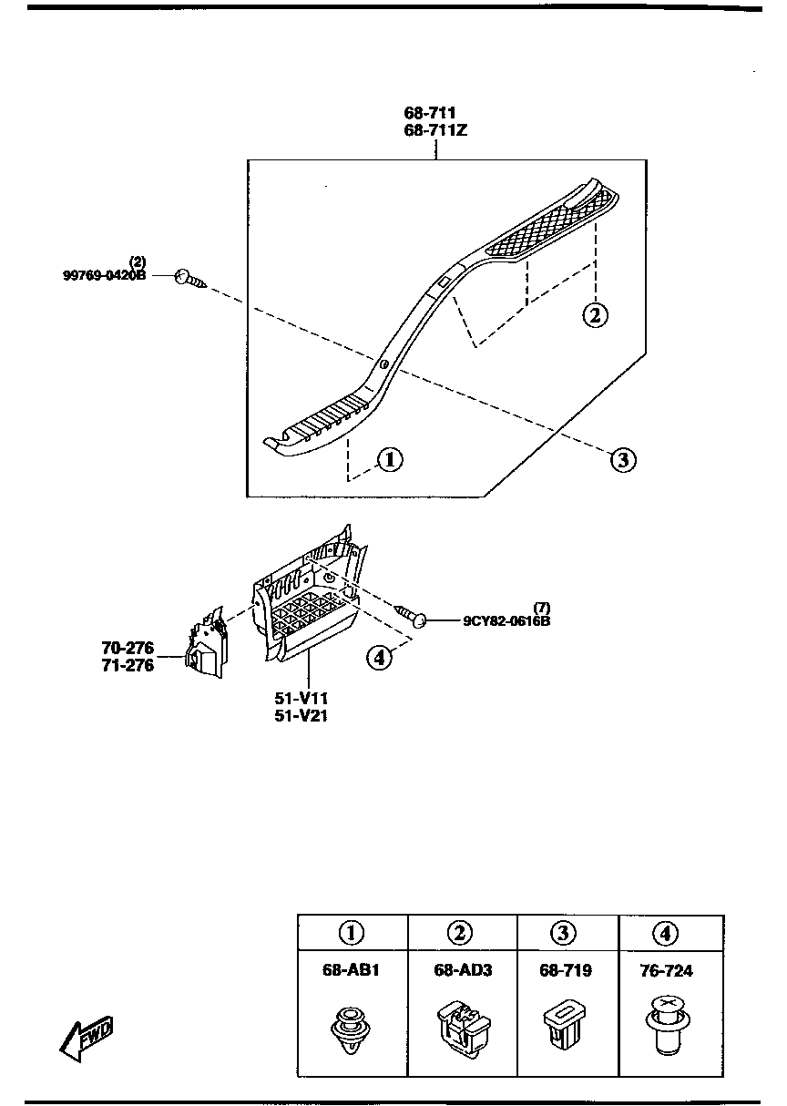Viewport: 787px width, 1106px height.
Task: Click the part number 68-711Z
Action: tap(435, 130)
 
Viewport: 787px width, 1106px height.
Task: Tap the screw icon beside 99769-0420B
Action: tap(190, 279)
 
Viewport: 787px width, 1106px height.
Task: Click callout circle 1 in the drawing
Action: tap(389, 459)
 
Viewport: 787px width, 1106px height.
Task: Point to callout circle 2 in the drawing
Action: tap(594, 315)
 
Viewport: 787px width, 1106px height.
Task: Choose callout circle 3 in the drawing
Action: tap(622, 459)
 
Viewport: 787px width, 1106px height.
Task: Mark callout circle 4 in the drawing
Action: tap(380, 655)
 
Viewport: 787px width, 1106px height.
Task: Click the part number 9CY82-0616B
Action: tap(506, 621)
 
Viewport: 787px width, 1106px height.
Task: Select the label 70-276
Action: tap(128, 649)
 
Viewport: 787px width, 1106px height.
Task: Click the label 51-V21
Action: tap(302, 715)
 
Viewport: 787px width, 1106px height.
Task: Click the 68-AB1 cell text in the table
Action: tap(351, 970)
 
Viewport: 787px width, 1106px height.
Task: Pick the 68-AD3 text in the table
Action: tap(463, 970)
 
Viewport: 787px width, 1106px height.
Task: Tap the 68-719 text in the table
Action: tap(565, 970)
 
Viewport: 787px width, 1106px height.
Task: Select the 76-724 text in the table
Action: tap(666, 971)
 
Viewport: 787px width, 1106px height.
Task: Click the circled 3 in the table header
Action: tap(565, 932)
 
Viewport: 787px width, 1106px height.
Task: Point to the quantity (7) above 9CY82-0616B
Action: tap(542, 608)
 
